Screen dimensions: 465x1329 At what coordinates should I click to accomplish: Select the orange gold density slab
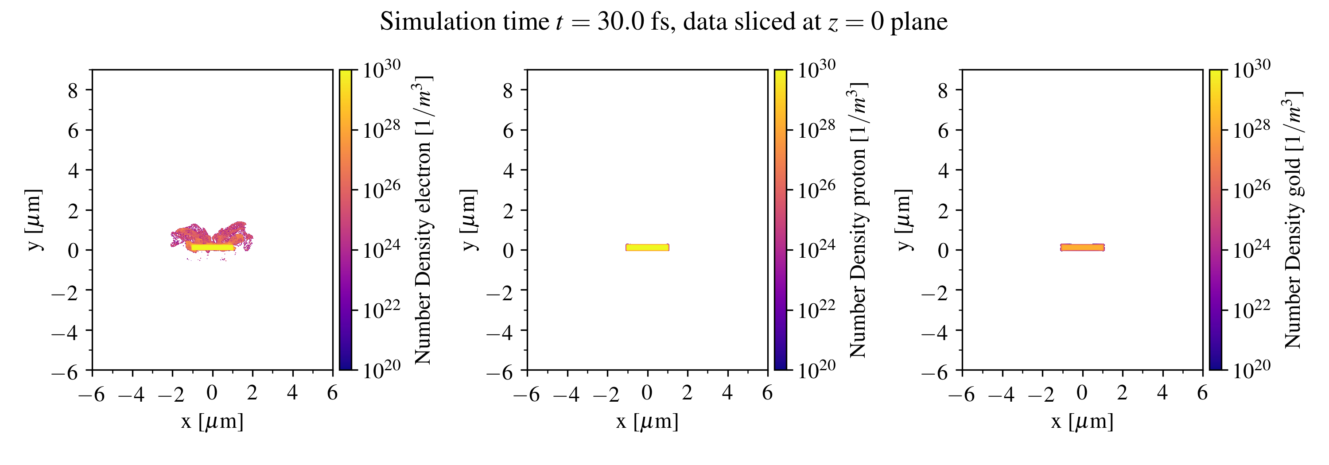[x=1082, y=248]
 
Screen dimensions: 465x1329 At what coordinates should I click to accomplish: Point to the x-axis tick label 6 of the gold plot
[x=1202, y=393]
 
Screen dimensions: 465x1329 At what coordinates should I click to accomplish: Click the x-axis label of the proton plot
[x=647, y=422]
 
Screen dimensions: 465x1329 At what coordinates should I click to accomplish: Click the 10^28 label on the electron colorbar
[x=381, y=129]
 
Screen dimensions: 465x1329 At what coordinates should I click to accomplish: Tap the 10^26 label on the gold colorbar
[x=1251, y=190]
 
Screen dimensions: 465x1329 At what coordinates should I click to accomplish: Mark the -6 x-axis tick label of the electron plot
[x=91, y=395]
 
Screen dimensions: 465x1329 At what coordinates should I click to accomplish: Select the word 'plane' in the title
[x=919, y=22]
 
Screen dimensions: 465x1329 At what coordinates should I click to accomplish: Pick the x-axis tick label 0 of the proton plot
[x=647, y=393]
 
